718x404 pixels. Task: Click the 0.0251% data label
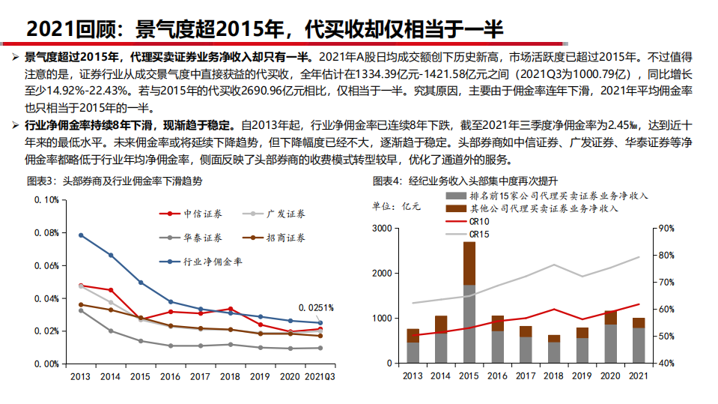click(315, 307)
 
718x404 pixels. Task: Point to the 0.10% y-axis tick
click(46, 200)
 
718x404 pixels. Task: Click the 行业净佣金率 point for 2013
click(81, 235)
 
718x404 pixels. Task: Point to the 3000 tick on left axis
click(382, 228)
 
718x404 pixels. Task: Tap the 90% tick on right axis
click(666, 228)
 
